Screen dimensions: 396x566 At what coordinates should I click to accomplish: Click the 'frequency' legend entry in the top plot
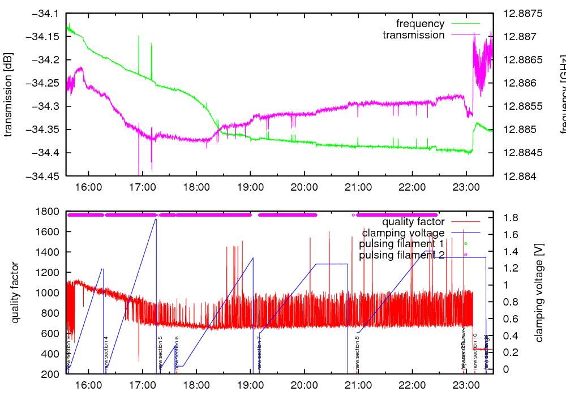[420, 24]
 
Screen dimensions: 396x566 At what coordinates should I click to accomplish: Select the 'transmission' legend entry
[413, 35]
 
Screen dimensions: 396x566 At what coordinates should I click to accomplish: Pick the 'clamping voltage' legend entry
[403, 233]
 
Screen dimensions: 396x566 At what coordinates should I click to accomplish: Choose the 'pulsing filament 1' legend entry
[401, 244]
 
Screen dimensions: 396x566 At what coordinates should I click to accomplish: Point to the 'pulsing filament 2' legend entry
[401, 255]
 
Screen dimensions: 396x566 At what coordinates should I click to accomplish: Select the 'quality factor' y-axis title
[15, 292]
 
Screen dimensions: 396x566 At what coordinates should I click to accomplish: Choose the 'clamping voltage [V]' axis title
[539, 292]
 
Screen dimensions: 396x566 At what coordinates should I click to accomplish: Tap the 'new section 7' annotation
[259, 353]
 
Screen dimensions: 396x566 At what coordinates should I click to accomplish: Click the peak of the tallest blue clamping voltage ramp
[156, 218]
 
